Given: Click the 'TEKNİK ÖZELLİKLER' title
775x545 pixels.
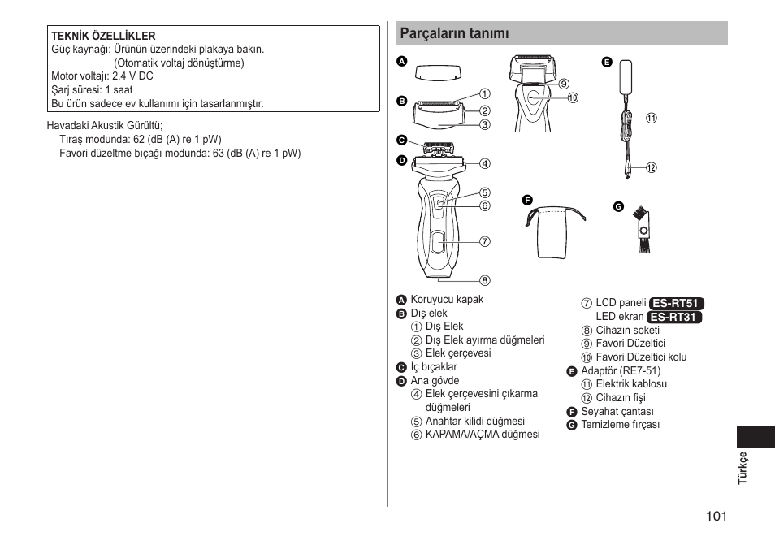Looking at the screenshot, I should point(103,37).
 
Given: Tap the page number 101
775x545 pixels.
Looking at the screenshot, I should point(716,516).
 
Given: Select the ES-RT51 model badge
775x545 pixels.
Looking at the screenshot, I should point(676,303).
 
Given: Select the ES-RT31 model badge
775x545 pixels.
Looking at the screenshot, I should point(675,317).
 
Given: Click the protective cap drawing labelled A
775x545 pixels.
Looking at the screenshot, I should point(439,71).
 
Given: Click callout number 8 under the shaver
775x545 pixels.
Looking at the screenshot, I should point(484,280).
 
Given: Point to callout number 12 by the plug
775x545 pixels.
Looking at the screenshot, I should point(651,168).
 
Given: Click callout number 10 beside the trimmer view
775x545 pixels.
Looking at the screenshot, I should point(573,98).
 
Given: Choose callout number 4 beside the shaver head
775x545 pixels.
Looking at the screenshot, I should point(484,163).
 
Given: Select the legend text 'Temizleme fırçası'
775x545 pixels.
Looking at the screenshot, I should point(620,425).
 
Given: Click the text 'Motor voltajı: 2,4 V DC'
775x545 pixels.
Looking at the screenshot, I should point(102,76).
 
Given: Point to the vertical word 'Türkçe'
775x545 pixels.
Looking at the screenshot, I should point(742,468).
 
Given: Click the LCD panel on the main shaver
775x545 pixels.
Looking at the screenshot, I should point(439,240).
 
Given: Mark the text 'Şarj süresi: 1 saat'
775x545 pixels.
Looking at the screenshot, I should point(92,90).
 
